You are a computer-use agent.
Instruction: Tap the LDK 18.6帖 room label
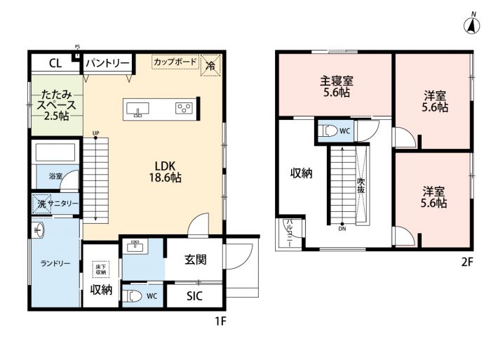(165, 172)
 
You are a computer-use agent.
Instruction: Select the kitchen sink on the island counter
(137, 109)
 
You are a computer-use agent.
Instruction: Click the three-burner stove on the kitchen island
(184, 108)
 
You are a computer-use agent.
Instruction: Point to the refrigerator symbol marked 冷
(210, 65)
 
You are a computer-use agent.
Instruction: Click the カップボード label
(175, 62)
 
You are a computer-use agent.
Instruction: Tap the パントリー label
(107, 63)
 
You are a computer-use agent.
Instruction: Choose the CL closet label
(55, 64)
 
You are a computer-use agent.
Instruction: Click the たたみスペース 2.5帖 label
(56, 105)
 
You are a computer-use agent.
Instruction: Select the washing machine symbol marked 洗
(41, 204)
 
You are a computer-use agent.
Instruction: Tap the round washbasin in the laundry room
(38, 230)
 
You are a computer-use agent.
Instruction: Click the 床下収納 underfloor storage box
(100, 269)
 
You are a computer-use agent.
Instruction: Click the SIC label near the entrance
(194, 296)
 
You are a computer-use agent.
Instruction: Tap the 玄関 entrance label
(196, 260)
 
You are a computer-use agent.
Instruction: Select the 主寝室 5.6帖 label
(336, 87)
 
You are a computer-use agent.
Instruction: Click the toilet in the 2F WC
(328, 131)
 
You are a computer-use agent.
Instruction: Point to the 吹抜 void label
(361, 185)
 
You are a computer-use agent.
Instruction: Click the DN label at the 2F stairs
(342, 229)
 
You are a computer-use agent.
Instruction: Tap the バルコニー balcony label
(289, 234)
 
